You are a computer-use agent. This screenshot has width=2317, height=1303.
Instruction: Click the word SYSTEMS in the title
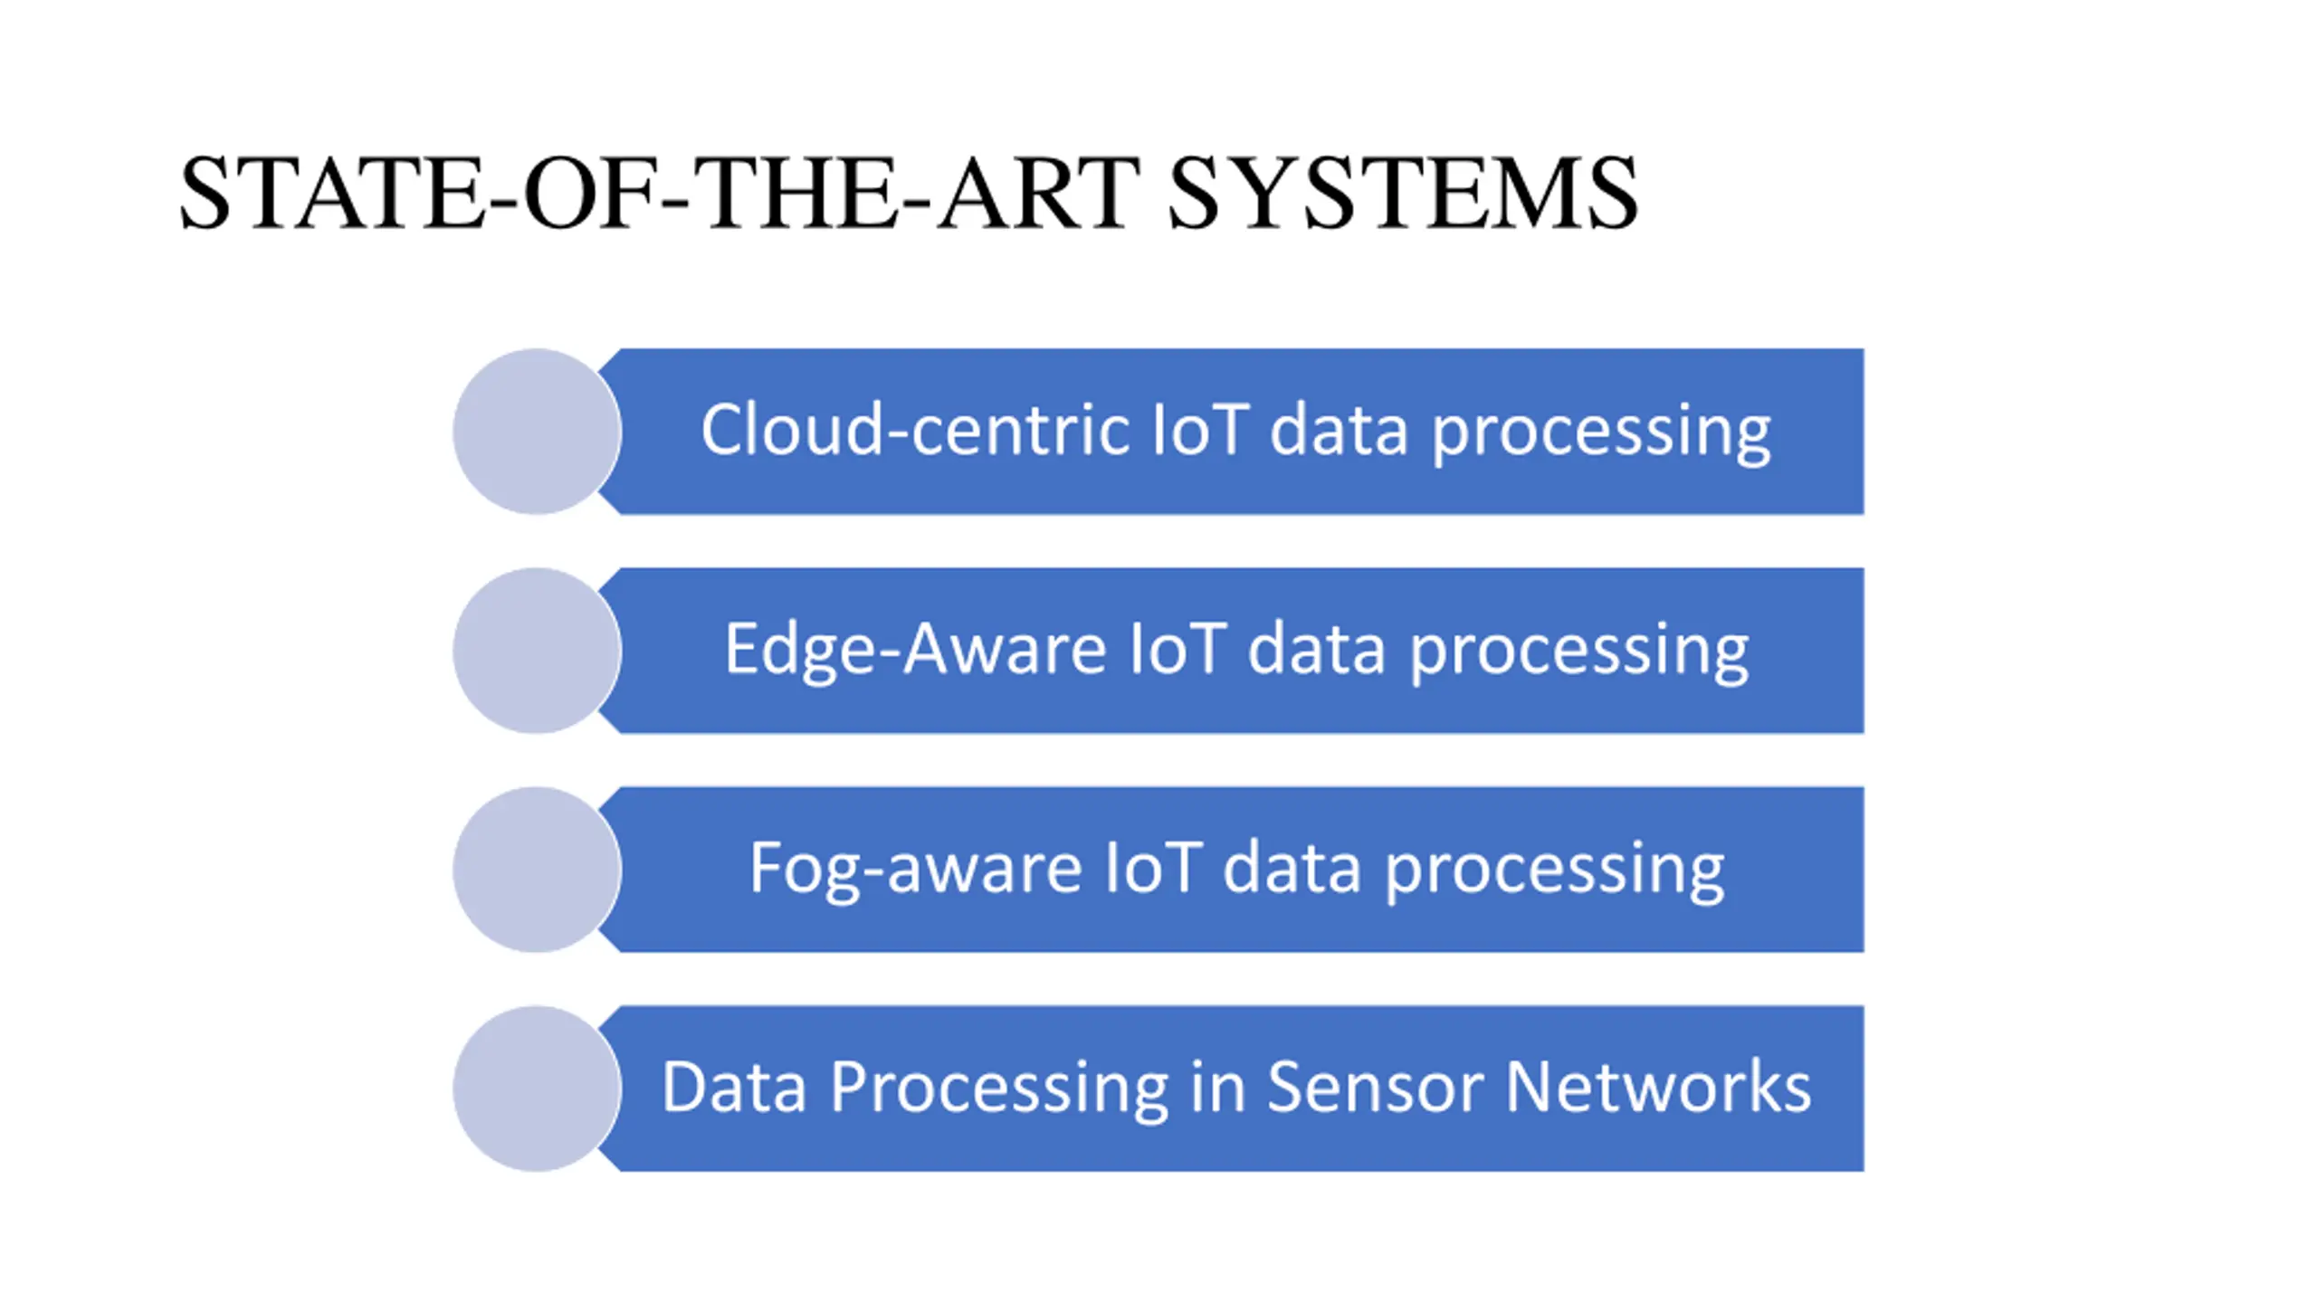(1402, 194)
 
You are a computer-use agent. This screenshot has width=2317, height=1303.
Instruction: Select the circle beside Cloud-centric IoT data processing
(537, 432)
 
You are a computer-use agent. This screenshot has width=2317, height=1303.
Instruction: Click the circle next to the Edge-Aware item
(537, 651)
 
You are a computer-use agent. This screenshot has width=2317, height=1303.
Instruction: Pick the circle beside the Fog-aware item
(537, 870)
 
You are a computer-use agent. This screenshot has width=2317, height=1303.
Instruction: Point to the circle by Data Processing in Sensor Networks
(537, 1089)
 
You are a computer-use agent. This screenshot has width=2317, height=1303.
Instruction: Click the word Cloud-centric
(914, 430)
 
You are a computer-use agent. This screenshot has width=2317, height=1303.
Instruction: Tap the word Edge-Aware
(915, 650)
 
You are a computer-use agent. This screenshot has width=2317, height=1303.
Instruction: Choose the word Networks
(1658, 1087)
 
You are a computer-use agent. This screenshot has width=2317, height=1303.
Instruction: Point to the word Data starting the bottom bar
(733, 1087)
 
